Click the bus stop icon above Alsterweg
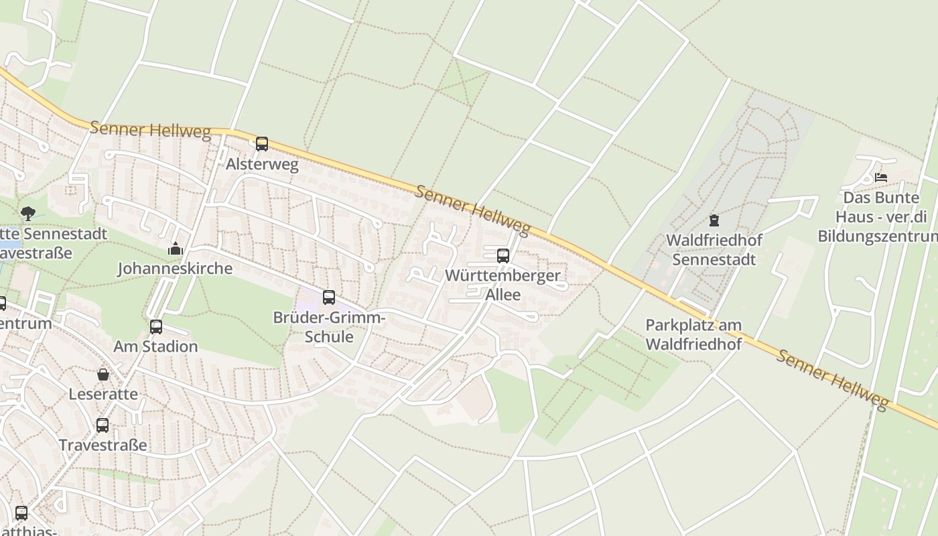click(x=262, y=143)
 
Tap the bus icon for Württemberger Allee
click(x=503, y=255)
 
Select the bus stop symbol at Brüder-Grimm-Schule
click(x=329, y=297)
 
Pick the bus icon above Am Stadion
click(x=156, y=326)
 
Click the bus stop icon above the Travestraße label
click(x=103, y=425)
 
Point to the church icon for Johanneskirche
click(x=176, y=249)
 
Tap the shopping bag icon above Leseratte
click(x=103, y=374)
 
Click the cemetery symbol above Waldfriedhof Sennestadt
click(x=714, y=220)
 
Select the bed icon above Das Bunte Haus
click(x=881, y=178)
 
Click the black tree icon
click(x=28, y=214)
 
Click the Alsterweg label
click(x=262, y=164)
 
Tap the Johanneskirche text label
click(x=175, y=269)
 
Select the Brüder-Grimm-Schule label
click(x=329, y=326)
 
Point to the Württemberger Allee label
click(x=503, y=285)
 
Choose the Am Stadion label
click(x=155, y=346)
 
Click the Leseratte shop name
click(x=103, y=394)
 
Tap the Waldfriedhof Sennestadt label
click(x=714, y=249)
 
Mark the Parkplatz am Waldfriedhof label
click(x=693, y=334)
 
